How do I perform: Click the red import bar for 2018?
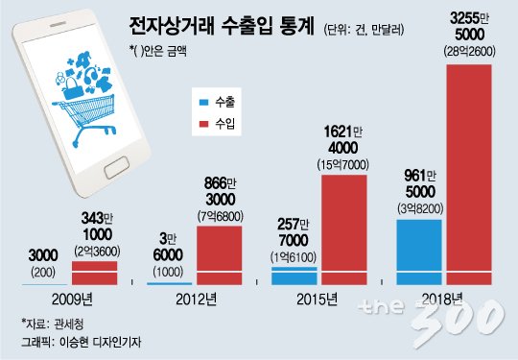click(469, 175)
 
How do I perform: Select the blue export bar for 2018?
click(419, 252)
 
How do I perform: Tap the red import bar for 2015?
click(344, 229)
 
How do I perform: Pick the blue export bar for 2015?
click(294, 276)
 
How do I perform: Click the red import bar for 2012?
click(220, 255)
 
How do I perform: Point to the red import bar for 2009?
click(94, 273)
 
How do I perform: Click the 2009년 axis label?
click(72, 300)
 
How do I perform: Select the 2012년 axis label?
click(197, 300)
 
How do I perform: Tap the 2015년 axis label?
click(318, 300)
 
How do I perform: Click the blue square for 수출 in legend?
click(203, 102)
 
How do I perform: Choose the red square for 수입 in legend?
click(203, 124)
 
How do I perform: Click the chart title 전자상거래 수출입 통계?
click(222, 27)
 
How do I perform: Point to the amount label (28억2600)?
click(469, 52)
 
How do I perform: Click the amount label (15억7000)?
click(343, 165)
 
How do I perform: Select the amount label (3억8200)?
click(420, 209)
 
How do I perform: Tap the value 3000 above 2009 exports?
click(43, 255)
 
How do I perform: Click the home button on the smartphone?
click(117, 168)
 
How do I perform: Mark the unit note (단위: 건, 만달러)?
click(365, 30)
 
